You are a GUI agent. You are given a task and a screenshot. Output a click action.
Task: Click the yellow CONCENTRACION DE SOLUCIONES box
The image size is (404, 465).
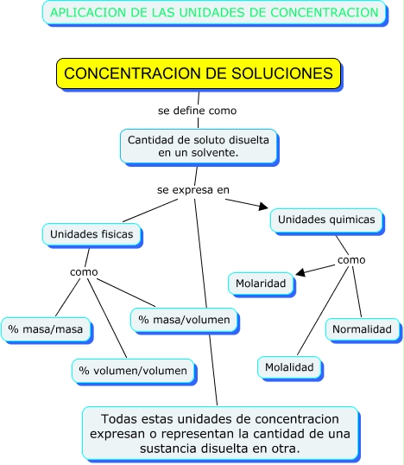(x=199, y=74)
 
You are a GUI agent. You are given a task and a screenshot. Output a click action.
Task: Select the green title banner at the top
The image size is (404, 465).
(x=214, y=12)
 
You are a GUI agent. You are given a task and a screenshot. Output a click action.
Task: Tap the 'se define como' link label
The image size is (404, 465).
(x=197, y=111)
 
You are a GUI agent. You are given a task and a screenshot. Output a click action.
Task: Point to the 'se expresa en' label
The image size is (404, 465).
(x=193, y=189)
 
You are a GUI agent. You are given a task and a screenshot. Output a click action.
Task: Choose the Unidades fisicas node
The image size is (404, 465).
(x=91, y=234)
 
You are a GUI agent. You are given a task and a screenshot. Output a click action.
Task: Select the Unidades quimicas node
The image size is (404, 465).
(x=326, y=220)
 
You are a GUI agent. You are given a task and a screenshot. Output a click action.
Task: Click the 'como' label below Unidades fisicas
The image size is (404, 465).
(x=84, y=272)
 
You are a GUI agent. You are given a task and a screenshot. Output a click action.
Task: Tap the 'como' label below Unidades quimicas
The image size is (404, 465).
(x=351, y=260)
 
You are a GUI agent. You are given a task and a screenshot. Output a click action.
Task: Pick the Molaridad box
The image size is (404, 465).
(x=261, y=283)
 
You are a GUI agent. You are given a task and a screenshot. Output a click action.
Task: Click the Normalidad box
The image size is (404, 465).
(x=363, y=329)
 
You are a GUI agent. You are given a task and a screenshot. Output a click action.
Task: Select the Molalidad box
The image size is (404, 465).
(x=291, y=367)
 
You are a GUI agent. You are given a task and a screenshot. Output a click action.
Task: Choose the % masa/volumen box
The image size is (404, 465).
(x=185, y=321)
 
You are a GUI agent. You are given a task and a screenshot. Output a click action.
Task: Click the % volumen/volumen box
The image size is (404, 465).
(x=133, y=371)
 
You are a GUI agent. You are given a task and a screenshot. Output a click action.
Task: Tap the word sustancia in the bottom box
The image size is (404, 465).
(x=133, y=449)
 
